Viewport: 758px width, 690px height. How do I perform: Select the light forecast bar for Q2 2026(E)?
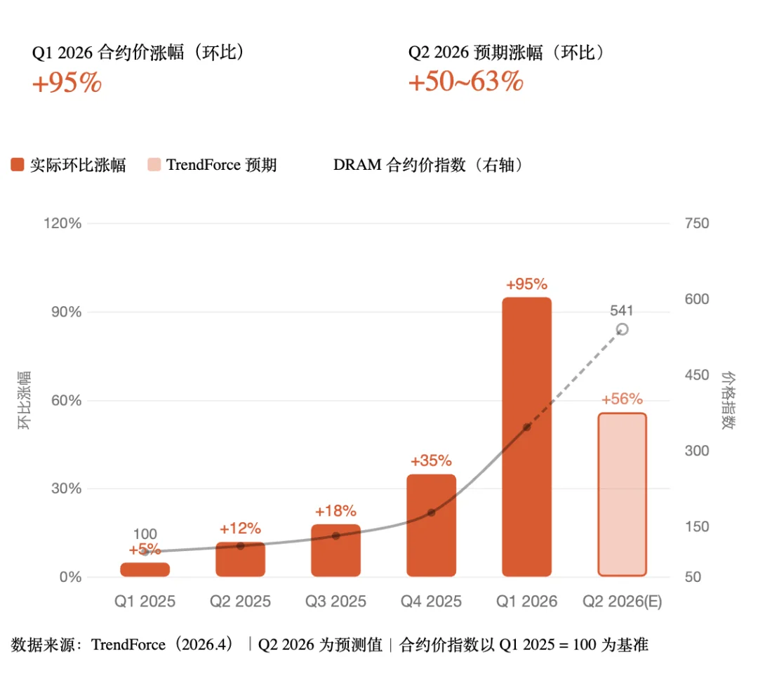[622, 494]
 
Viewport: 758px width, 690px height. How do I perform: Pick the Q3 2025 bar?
[335, 550]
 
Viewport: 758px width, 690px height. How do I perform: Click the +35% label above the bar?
[431, 461]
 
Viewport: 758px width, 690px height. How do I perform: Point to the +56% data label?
[622, 399]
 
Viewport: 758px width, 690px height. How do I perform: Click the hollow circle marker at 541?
[622, 329]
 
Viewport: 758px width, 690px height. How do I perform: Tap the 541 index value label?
[622, 311]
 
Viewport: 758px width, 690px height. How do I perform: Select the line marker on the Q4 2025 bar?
[431, 512]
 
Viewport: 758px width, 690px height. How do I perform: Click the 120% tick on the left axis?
[64, 223]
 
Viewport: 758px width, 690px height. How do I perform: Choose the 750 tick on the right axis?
[697, 223]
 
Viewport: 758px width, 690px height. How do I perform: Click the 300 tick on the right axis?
[697, 451]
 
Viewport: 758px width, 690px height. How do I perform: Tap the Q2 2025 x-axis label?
[240, 602]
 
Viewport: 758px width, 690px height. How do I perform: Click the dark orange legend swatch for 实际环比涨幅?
[18, 165]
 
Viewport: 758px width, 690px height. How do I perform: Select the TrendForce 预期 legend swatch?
[154, 165]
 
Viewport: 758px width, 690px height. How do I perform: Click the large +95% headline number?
[67, 84]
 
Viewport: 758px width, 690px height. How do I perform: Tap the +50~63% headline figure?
[466, 82]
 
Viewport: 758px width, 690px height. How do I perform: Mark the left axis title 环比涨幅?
[25, 400]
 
